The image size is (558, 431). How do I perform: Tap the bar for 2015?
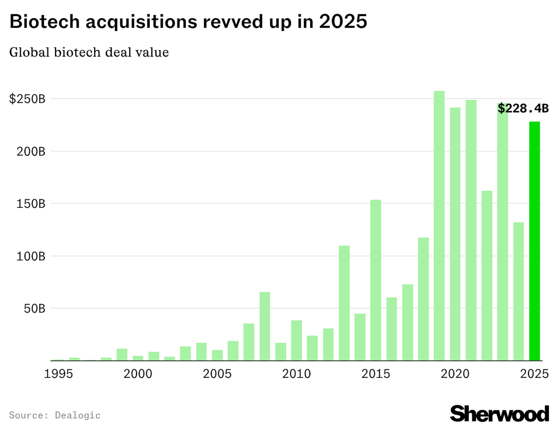376,280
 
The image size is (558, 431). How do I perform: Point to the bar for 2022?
487,276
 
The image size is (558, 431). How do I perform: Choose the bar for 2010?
296,340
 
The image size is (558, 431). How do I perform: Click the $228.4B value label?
523,108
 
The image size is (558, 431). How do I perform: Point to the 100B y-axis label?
31,256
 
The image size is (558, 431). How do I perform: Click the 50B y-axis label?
34,309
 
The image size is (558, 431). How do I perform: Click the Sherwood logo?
499,413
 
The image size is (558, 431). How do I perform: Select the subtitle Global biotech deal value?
89,52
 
